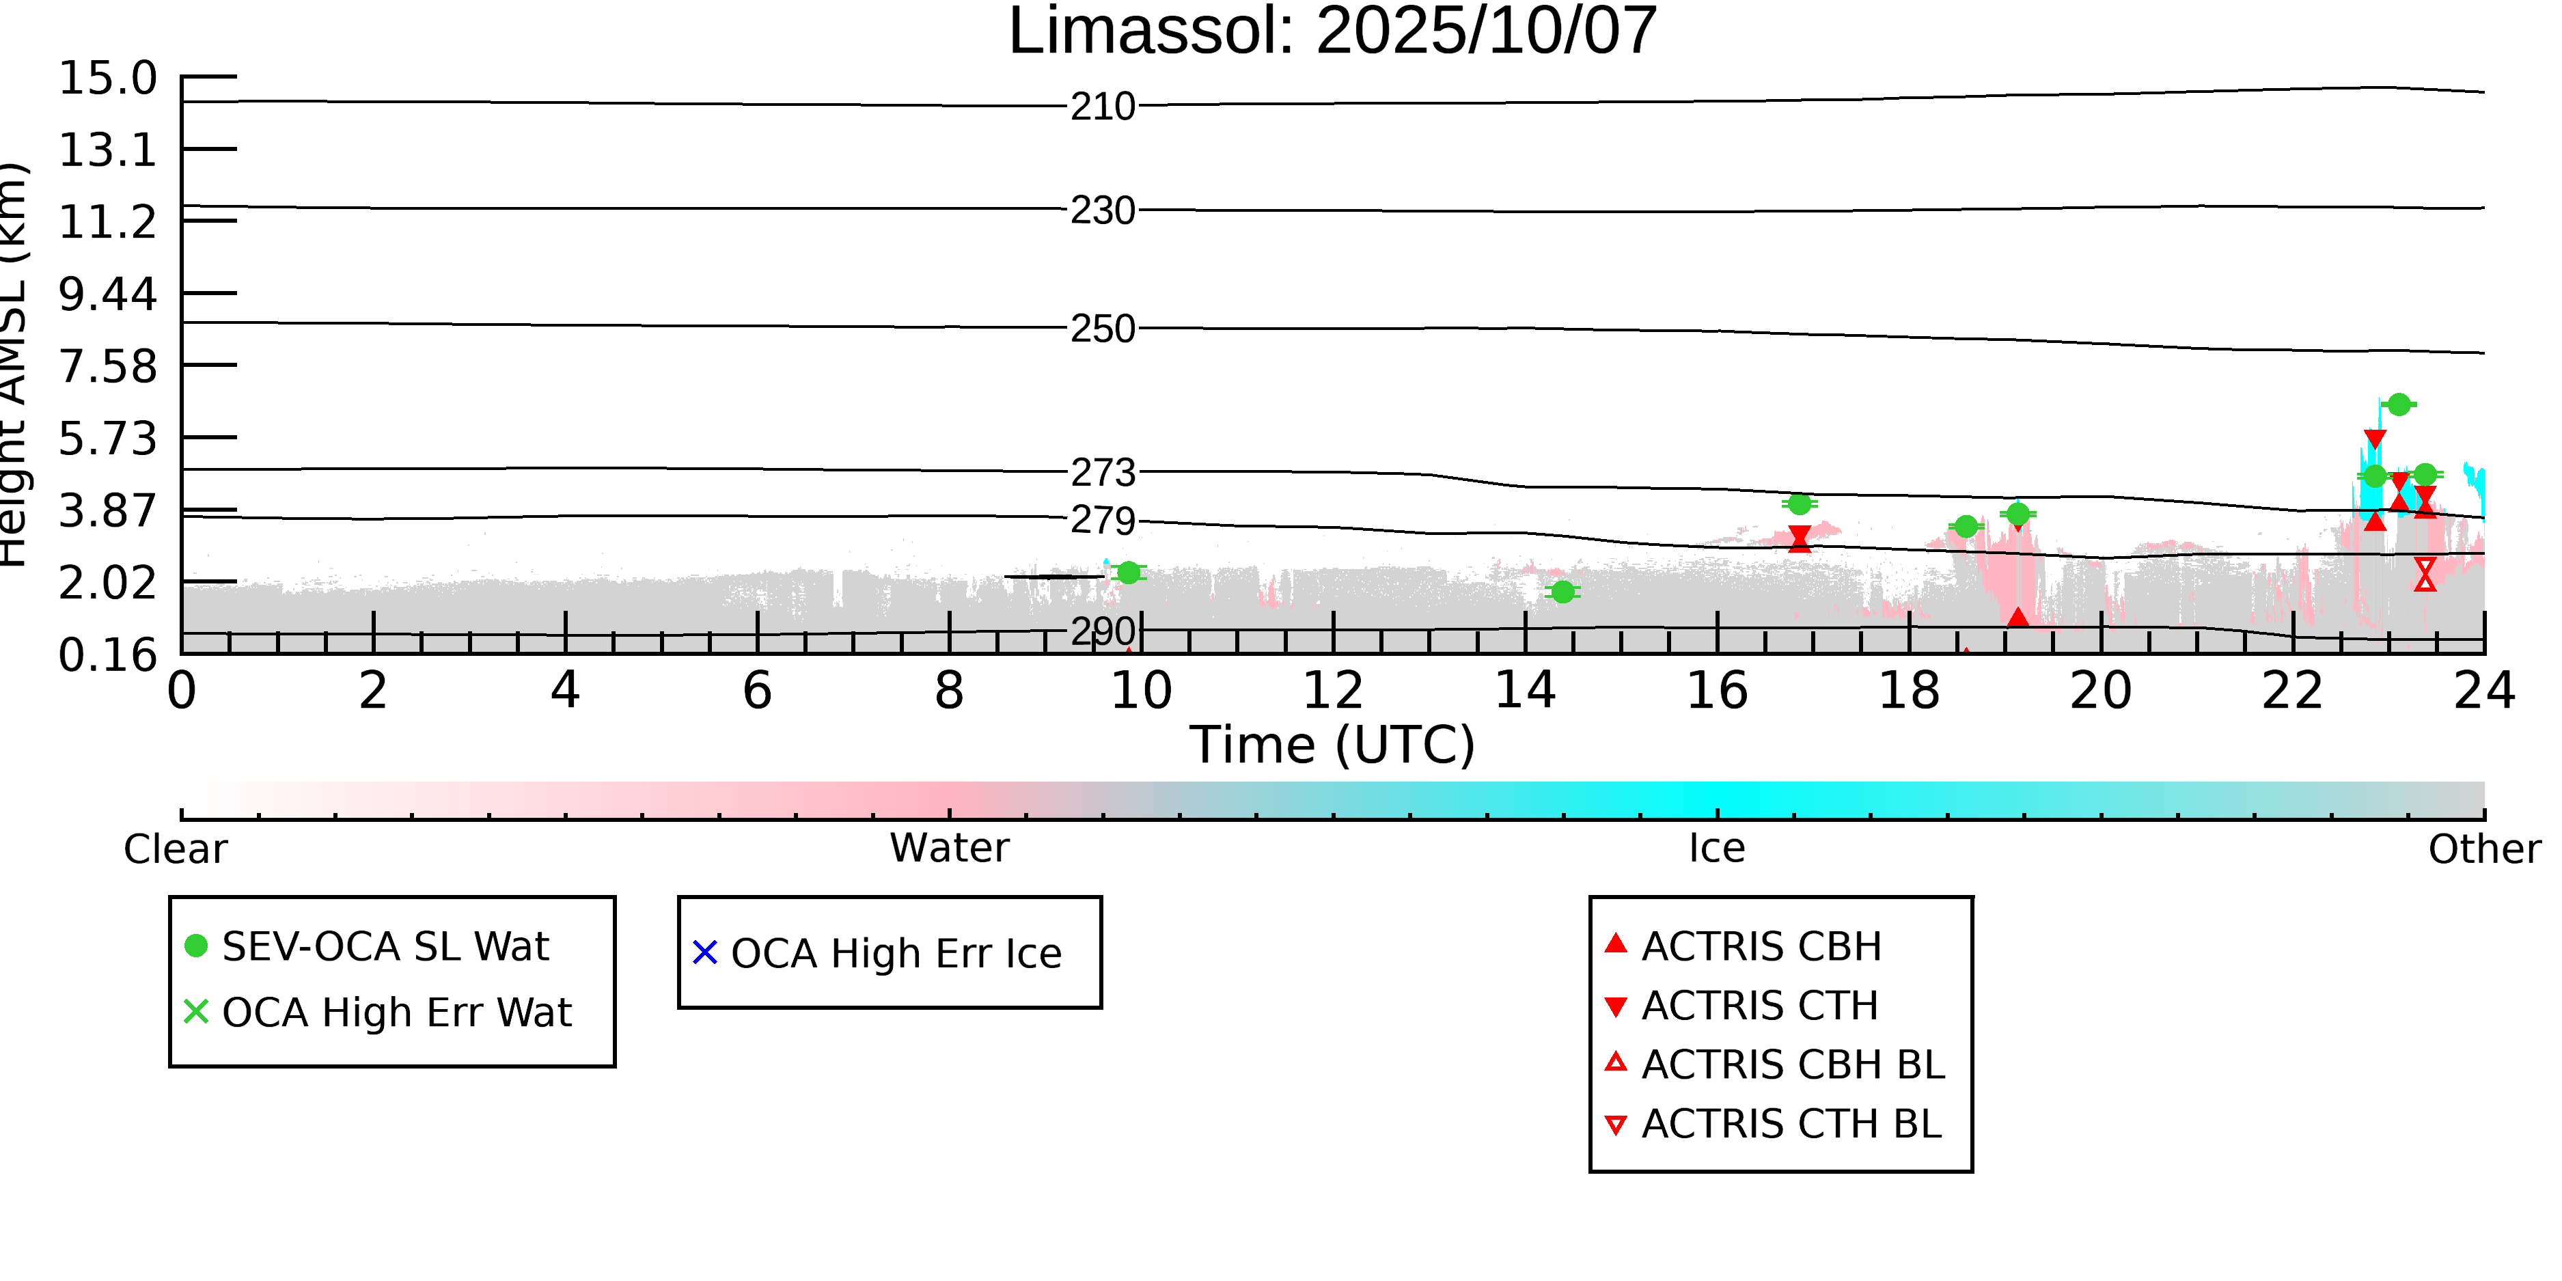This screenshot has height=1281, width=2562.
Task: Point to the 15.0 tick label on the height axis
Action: tap(107, 79)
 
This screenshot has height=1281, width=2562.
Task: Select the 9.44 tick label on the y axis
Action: tap(107, 294)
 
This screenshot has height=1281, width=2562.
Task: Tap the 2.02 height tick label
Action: tap(107, 583)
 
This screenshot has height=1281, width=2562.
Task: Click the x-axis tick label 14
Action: tap(1525, 690)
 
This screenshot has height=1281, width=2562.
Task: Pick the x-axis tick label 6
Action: tap(757, 690)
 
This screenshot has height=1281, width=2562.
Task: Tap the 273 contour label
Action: tap(1102, 472)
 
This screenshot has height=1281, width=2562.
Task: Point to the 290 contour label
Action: tap(1102, 631)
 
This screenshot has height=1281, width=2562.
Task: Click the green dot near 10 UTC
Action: tap(1129, 573)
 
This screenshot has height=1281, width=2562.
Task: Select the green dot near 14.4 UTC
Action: tap(1562, 592)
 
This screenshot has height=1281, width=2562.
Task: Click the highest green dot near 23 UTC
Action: tap(2399, 404)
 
